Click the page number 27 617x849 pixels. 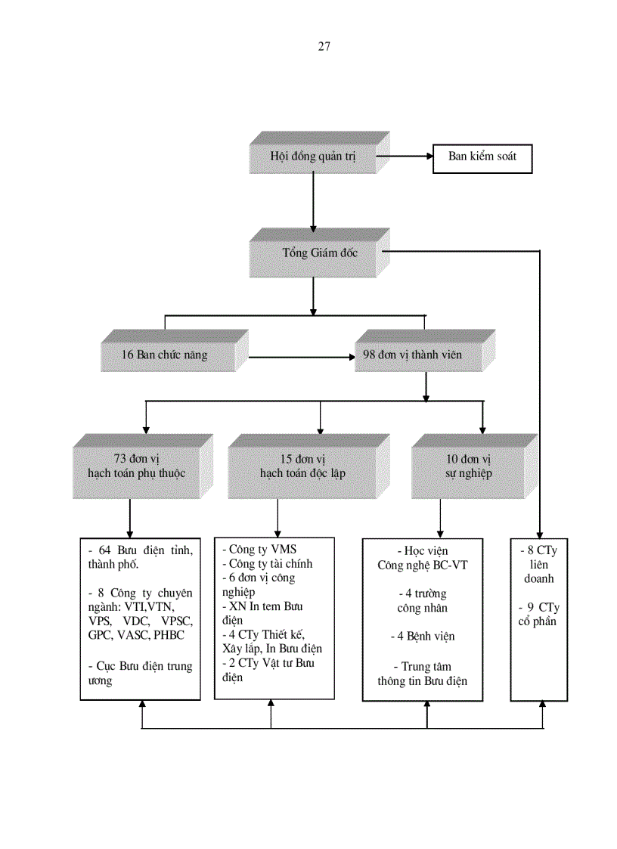click(x=324, y=46)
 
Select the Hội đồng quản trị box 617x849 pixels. click(x=313, y=157)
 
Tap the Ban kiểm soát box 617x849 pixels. click(x=482, y=157)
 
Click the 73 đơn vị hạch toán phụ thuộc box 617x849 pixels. click(x=136, y=466)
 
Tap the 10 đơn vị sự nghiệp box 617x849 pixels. click(x=468, y=466)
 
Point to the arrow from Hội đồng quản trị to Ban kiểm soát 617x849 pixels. click(x=405, y=157)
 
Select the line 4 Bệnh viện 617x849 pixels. click(x=427, y=637)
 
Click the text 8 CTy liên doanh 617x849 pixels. click(x=539, y=564)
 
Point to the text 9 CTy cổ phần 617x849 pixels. click(x=539, y=614)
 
